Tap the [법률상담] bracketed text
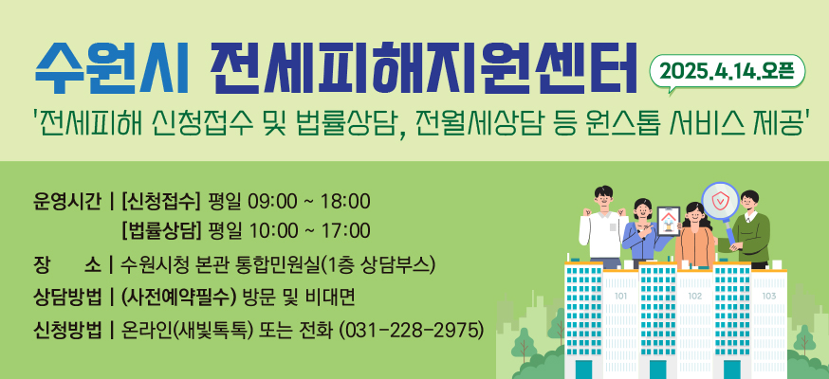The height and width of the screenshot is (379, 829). (x=162, y=230)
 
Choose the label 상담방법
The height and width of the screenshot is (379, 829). (x=67, y=298)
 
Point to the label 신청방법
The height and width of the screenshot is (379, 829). (x=67, y=330)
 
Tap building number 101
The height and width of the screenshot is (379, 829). (x=621, y=297)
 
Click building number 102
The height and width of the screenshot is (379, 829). (x=695, y=297)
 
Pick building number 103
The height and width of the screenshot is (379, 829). (x=768, y=297)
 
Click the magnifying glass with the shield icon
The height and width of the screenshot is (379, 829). (x=722, y=201)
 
